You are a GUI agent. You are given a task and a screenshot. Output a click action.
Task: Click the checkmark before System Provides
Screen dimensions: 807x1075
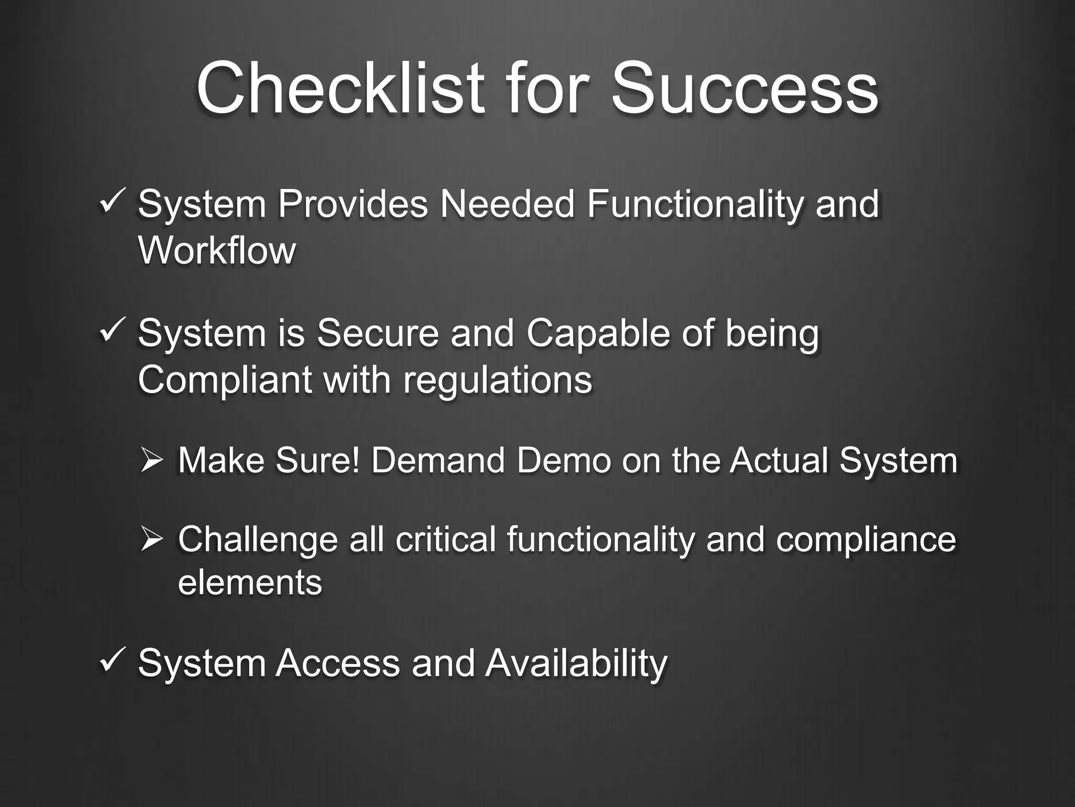[112, 202]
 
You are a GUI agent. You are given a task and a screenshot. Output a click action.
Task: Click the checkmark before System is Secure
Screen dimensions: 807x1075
[112, 332]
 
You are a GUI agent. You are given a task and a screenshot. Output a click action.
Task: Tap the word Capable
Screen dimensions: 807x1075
[597, 334]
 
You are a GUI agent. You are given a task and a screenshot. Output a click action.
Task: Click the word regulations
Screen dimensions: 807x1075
[498, 380]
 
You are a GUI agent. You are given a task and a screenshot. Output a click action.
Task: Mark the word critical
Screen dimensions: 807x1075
[445, 540]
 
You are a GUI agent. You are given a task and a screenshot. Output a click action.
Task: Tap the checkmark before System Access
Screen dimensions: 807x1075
[112, 661]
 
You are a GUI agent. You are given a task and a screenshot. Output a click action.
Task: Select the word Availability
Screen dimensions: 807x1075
[576, 664]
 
